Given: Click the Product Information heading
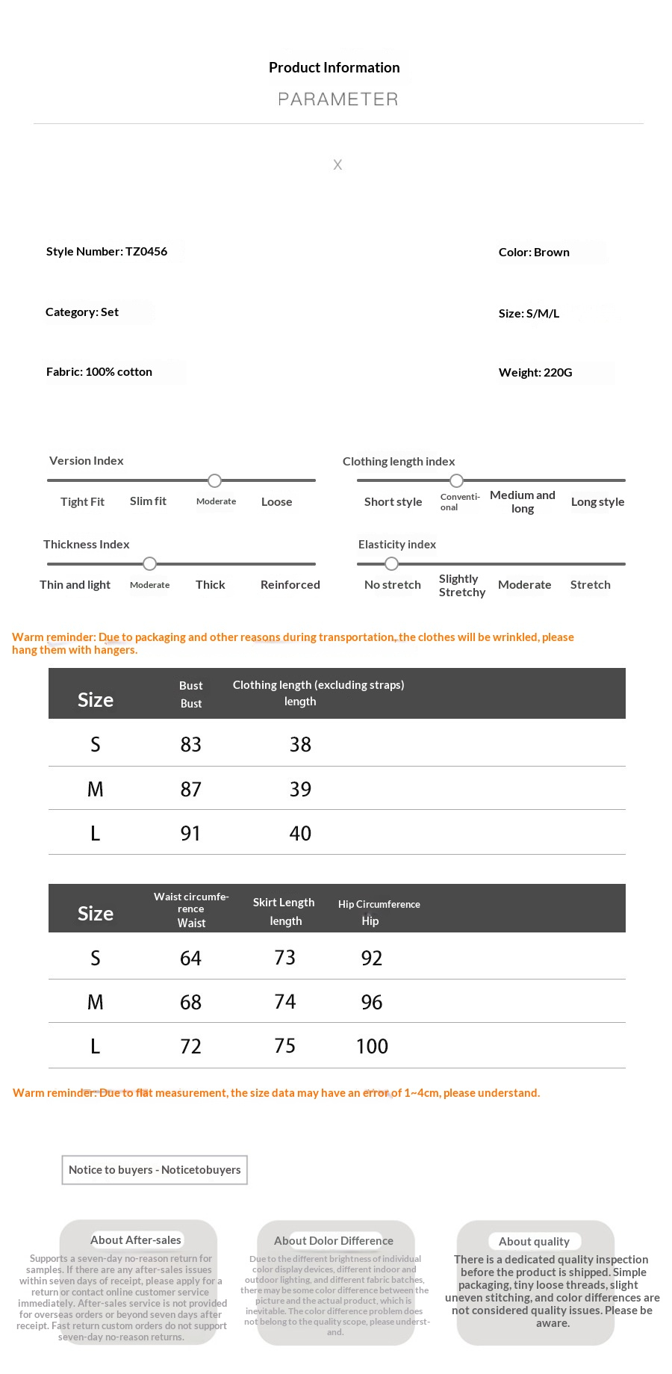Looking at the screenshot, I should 334,68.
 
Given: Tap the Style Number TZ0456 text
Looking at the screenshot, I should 107,252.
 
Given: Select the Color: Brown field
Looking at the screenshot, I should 534,253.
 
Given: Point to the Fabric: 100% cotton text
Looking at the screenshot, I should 99,372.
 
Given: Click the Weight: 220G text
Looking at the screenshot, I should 535,373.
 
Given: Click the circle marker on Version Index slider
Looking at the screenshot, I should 215,480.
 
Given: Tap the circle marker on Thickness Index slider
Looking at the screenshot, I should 150,563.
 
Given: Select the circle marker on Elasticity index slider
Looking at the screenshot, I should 391,563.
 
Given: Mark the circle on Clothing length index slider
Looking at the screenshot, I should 456,480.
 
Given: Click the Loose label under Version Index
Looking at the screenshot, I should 276,502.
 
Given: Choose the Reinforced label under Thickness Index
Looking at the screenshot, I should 290,585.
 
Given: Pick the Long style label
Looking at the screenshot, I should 597,502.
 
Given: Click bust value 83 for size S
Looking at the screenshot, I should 191,745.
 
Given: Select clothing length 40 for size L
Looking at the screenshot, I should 300,834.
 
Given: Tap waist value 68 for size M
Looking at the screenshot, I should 191,1003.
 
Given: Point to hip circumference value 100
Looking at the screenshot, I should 372,1047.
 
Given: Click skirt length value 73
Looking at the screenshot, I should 284,958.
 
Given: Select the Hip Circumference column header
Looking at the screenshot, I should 379,905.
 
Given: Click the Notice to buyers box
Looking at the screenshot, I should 155,1170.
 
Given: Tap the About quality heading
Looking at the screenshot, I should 534,1242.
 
